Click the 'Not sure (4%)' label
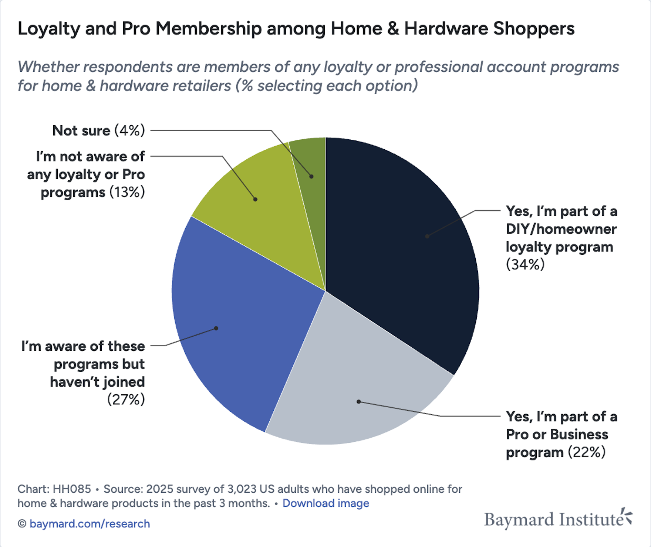coord(98,130)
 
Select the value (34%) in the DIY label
coord(525,265)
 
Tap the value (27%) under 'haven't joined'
coord(126,400)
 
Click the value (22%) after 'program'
coord(587,452)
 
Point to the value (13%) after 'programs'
coord(127,192)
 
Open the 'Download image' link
coord(325,503)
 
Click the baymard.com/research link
coord(90,524)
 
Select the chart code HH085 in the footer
coord(72,489)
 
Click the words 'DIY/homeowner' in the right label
coord(561,229)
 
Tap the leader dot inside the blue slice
coord(216,328)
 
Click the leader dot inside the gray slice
coord(358,401)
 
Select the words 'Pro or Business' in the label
coord(557,434)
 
